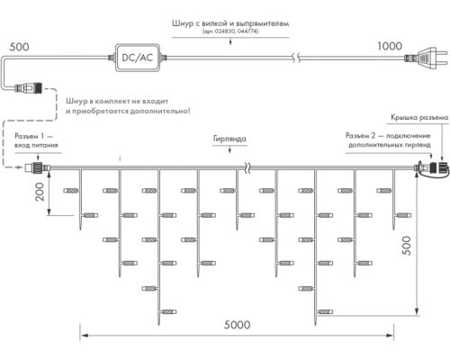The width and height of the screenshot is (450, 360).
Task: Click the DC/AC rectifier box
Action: (x=138, y=58)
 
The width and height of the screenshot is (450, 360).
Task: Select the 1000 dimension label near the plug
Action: (x=390, y=46)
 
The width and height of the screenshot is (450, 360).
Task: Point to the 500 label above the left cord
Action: (x=19, y=47)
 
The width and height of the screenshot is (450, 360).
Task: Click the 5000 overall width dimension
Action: (x=237, y=325)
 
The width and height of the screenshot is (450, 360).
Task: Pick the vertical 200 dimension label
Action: (x=40, y=192)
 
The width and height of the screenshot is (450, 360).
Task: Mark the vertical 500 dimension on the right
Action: (x=407, y=246)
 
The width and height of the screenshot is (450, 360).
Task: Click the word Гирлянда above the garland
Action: (x=229, y=139)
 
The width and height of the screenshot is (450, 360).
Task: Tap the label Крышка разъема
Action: (x=419, y=118)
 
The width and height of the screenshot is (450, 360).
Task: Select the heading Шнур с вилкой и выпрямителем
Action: (x=230, y=23)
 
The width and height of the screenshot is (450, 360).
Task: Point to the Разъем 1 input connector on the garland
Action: (x=37, y=166)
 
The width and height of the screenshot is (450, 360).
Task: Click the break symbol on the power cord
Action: (x=296, y=58)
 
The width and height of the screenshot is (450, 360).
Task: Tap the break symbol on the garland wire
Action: (x=247, y=167)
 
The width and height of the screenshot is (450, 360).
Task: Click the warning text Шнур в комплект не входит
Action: (x=117, y=102)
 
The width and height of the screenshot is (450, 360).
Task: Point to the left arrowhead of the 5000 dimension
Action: (x=84, y=335)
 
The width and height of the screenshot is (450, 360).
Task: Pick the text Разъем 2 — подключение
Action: (x=388, y=136)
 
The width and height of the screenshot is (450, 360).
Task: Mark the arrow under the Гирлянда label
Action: (x=229, y=149)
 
